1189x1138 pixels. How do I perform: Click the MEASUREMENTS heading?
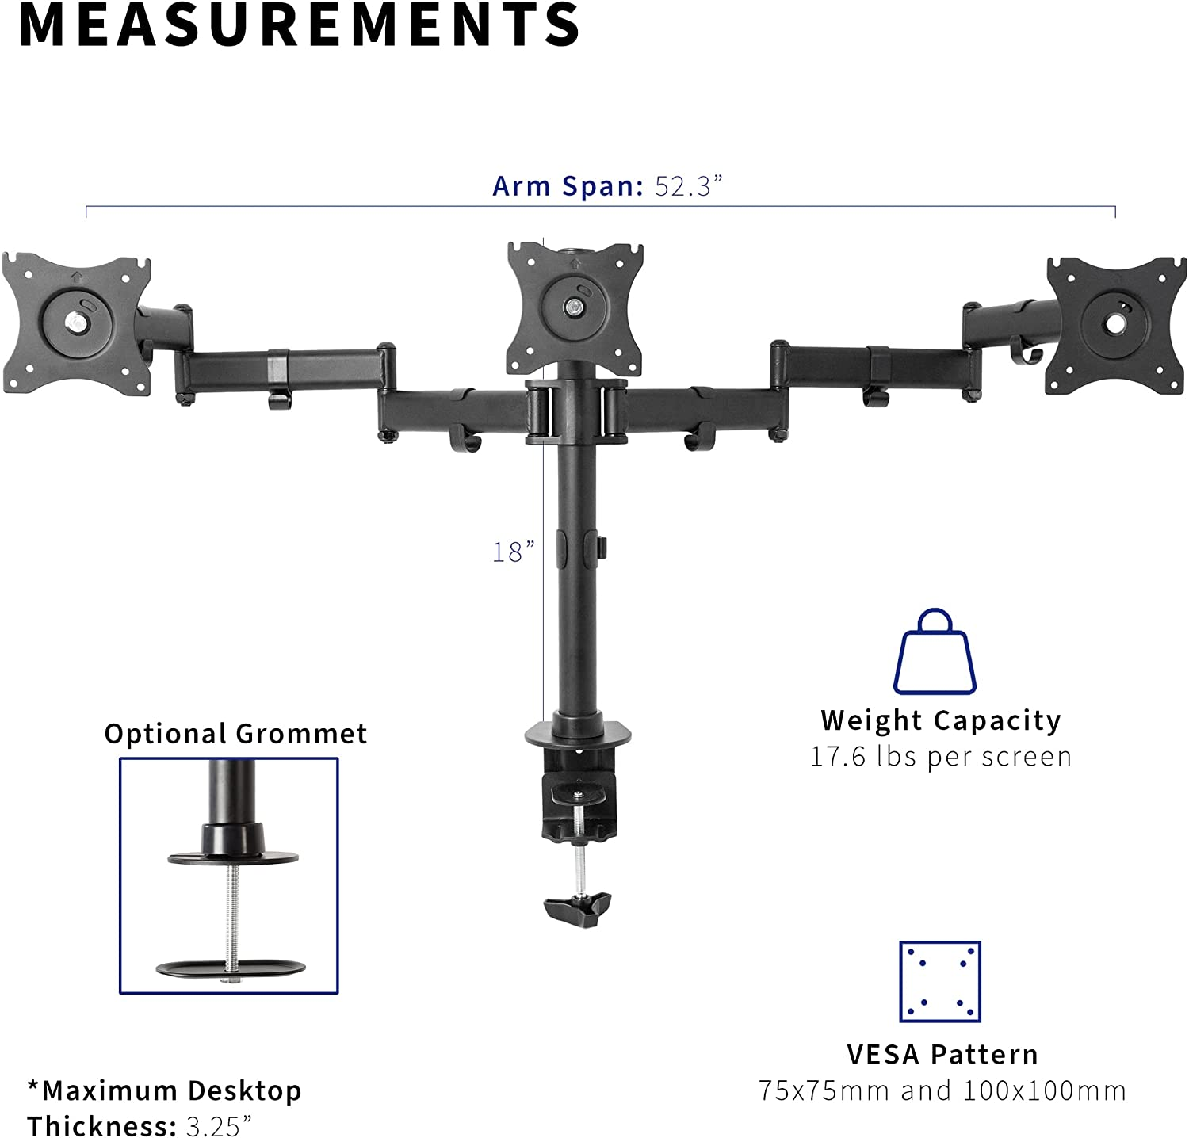pos(300,25)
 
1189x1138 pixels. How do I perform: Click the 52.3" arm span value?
pos(688,186)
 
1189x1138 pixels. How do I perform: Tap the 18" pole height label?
pos(513,552)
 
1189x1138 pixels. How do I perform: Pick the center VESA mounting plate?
pos(575,308)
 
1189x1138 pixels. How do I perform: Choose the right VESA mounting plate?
pos(1115,325)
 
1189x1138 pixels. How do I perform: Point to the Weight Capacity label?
pos(941,720)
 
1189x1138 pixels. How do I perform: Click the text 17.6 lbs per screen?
pos(940,757)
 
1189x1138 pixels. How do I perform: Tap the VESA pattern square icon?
pos(940,982)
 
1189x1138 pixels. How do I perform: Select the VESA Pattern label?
pos(942,1055)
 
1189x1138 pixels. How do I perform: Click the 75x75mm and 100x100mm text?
pos(942,1091)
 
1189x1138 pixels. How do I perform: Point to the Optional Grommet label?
pos(235,734)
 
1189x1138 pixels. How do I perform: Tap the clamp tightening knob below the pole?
pos(578,904)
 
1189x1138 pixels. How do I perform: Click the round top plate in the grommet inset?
pos(233,857)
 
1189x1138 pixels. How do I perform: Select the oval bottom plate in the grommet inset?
pos(231,968)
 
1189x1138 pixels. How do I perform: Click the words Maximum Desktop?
pos(171,1091)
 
